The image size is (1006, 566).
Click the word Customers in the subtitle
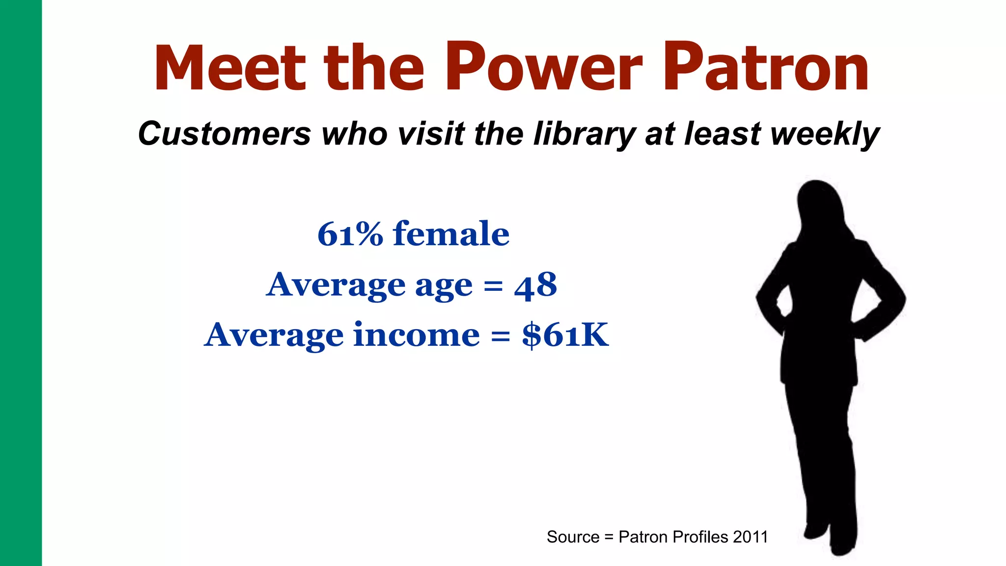(224, 134)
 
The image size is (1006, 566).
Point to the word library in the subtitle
(584, 134)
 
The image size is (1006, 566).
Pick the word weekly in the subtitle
(825, 134)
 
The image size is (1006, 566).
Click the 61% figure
(350, 234)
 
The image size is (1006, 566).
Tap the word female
(451, 234)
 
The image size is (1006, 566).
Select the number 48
(535, 285)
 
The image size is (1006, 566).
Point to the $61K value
(565, 336)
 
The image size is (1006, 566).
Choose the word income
(416, 336)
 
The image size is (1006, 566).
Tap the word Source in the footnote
(573, 537)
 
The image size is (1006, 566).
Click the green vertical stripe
(21, 283)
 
